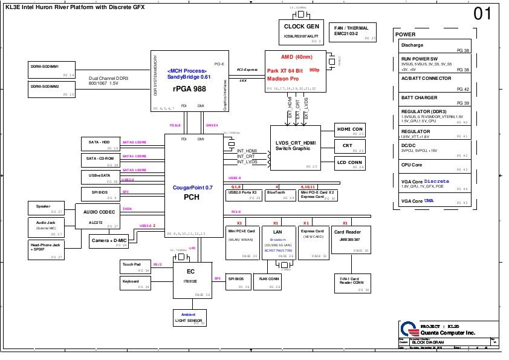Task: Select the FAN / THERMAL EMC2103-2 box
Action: click(355, 33)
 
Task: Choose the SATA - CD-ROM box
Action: click(101, 160)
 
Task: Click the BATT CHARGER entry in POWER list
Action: click(434, 100)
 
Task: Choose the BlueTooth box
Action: click(280, 194)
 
